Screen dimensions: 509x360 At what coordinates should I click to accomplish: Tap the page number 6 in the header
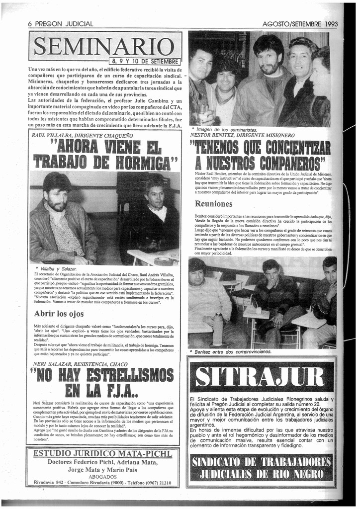[x=30, y=24]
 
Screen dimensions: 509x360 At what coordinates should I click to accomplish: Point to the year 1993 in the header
[x=332, y=24]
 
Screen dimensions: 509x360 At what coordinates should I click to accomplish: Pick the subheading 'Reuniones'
[x=213, y=203]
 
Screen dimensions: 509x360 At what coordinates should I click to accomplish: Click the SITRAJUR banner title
[x=262, y=377]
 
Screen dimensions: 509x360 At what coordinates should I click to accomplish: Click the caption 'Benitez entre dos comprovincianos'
[x=232, y=351]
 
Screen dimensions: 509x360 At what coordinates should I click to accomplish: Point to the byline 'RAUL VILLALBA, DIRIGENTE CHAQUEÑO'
[x=82, y=135]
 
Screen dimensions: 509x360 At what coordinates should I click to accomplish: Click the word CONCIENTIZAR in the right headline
[x=291, y=147]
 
